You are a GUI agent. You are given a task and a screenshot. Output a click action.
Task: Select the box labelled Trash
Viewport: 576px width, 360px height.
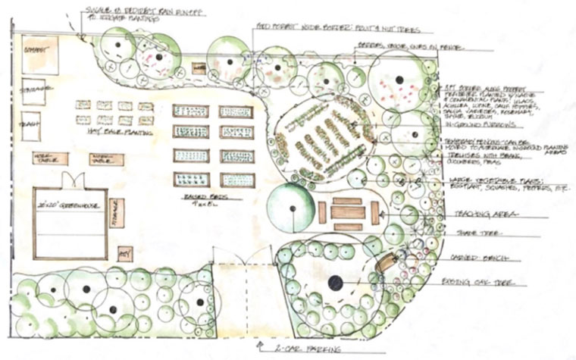click(x=32, y=126)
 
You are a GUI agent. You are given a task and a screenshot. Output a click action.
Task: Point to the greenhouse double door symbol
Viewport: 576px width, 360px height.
click(x=74, y=181)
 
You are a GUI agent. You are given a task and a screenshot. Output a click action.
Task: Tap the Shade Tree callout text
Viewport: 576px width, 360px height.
click(x=478, y=233)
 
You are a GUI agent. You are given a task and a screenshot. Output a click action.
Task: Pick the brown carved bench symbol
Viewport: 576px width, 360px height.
click(x=386, y=263)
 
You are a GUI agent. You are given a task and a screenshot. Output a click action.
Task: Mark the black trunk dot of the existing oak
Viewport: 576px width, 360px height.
click(x=334, y=283)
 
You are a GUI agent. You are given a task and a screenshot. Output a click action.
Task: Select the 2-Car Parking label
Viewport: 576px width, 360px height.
click(x=299, y=349)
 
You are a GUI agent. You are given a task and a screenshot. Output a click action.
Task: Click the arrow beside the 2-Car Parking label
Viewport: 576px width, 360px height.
click(x=262, y=348)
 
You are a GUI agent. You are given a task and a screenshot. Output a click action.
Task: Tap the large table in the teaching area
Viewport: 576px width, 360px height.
click(x=348, y=212)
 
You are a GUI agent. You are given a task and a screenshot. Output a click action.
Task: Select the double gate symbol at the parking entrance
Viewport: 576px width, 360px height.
click(x=239, y=258)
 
